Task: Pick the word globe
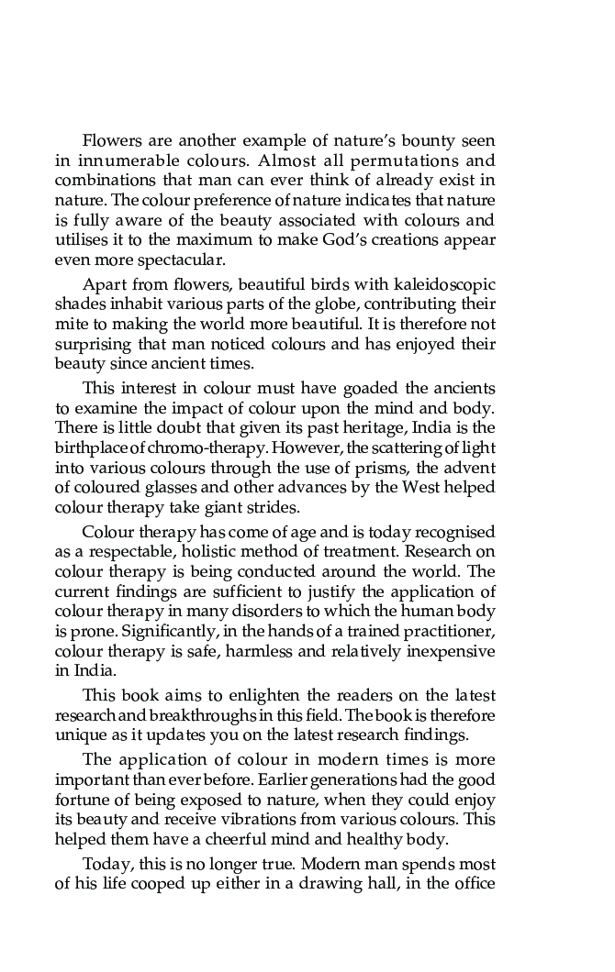coord(368,304)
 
